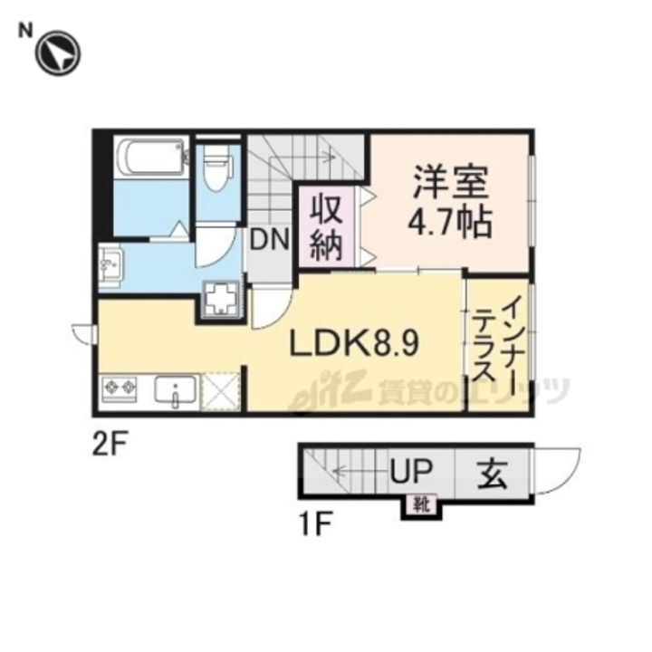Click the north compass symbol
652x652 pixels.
tap(58, 52)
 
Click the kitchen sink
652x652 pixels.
tap(173, 392)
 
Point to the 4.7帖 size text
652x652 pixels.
tap(451, 222)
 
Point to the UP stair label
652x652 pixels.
tap(413, 471)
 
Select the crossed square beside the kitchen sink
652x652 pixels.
tap(223, 392)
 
